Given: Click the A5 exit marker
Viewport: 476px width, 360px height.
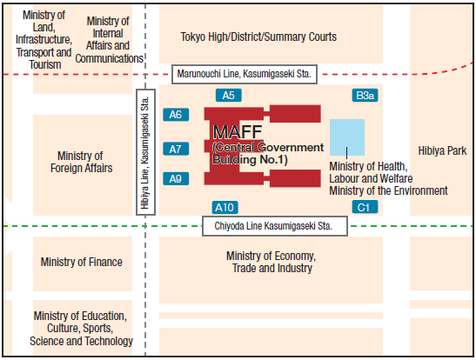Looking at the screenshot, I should tap(229, 95).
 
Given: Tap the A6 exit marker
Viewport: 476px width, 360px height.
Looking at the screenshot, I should tap(176, 114).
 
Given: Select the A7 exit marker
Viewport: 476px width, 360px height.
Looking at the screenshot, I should tap(176, 149).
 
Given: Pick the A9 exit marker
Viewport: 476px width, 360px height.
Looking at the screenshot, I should tap(176, 178).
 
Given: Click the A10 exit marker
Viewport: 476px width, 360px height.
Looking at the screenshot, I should tap(225, 207).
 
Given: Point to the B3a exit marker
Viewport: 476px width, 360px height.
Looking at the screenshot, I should tap(364, 95).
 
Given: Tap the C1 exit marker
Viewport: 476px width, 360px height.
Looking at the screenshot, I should tap(364, 207).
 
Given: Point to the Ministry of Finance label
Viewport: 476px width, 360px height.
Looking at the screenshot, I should tap(82, 262).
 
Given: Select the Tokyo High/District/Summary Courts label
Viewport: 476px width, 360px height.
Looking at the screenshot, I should tap(258, 37).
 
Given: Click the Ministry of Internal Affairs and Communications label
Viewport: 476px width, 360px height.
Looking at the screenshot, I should tap(109, 40).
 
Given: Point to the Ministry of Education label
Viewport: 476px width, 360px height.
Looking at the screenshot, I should tap(82, 329).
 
